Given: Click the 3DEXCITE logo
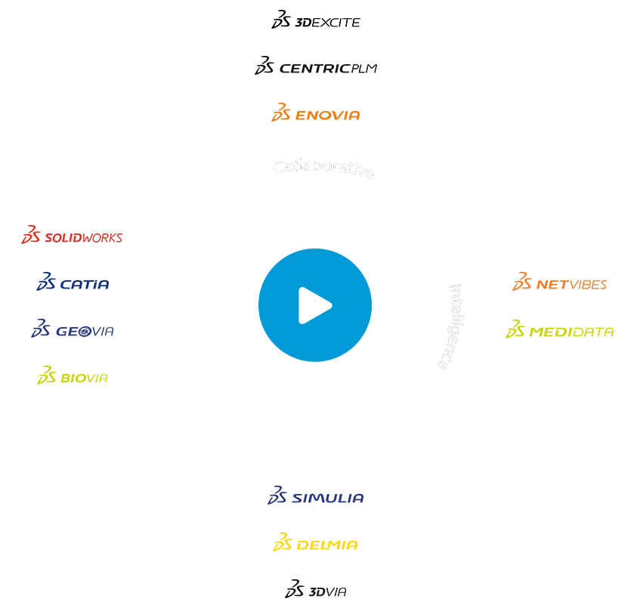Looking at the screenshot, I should (x=316, y=20).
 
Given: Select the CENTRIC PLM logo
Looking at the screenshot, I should (x=316, y=66).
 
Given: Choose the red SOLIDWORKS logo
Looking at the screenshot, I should (x=73, y=236).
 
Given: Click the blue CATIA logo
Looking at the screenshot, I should (x=73, y=283).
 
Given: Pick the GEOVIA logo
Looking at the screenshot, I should (x=73, y=330).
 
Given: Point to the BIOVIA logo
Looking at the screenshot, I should (x=73, y=375).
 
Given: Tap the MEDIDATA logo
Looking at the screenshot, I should (x=560, y=330).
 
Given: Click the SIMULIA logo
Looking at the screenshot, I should (x=316, y=497).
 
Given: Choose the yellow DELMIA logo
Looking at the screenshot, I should (x=316, y=543).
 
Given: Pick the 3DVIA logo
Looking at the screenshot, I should (x=316, y=589).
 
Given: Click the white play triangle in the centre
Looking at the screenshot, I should (x=314, y=305).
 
